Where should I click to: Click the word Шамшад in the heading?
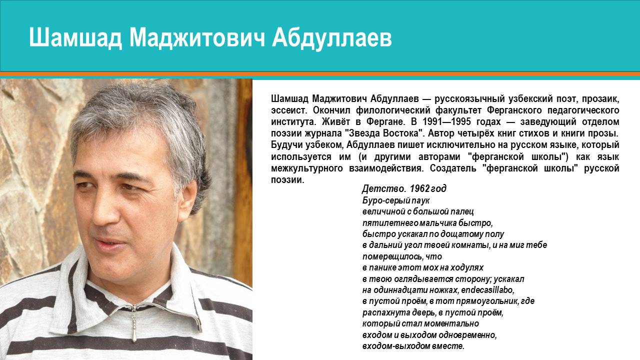(x=75, y=38)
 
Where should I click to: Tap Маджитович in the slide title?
(x=197, y=38)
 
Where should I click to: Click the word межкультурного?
(x=307, y=168)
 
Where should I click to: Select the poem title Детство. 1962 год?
(x=404, y=189)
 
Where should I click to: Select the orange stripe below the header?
(x=320, y=74)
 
